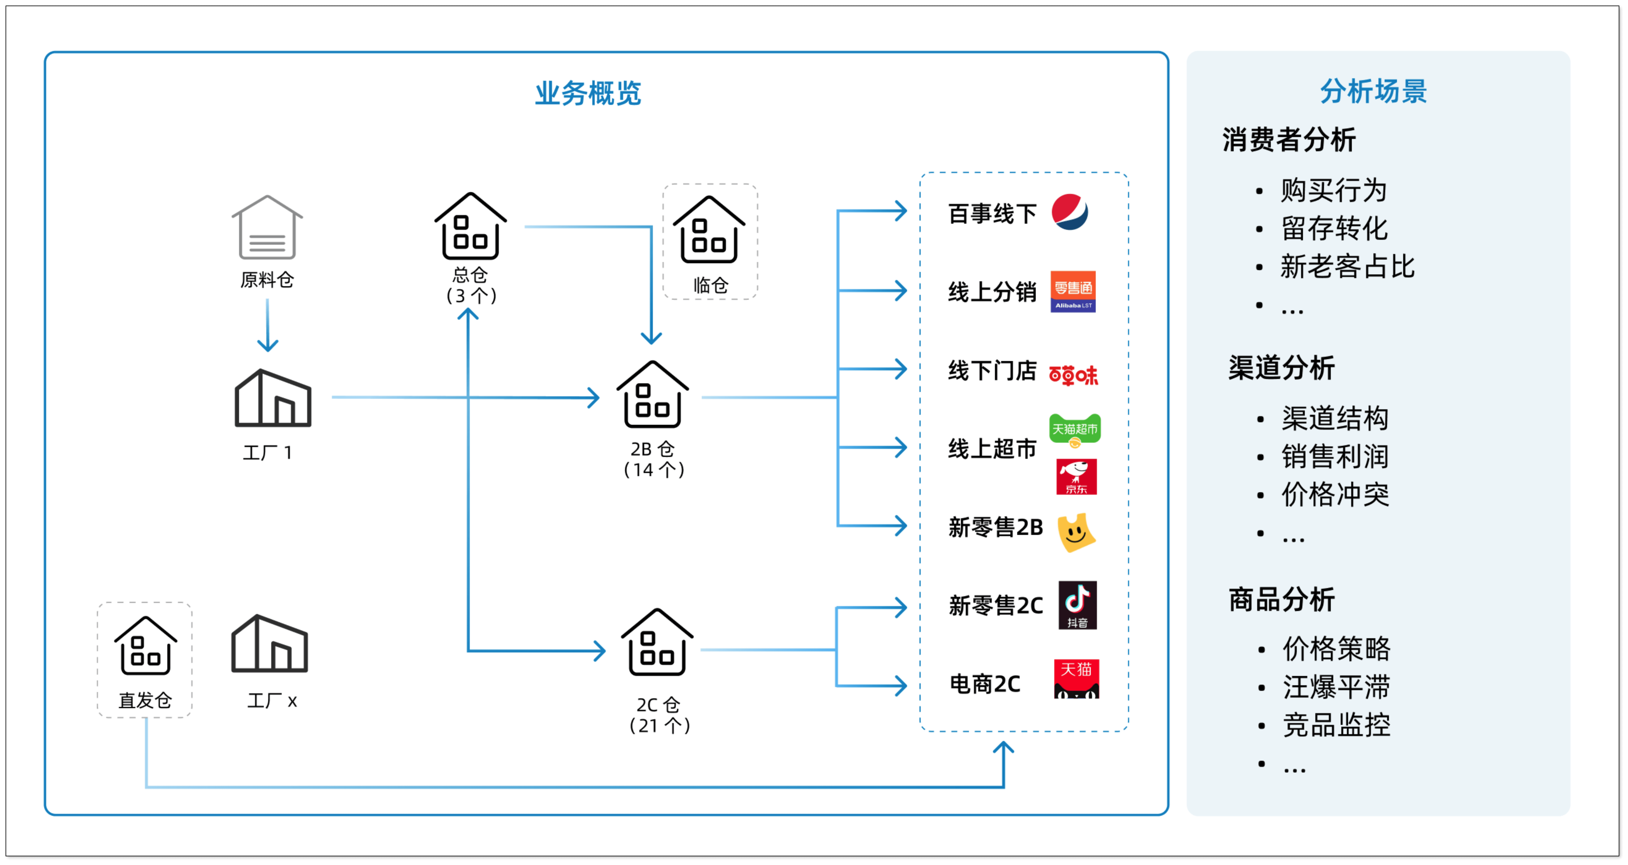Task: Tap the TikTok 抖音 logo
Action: click(1077, 605)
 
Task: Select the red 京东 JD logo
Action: click(1076, 477)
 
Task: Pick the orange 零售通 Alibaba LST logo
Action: click(1073, 291)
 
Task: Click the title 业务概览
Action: click(588, 93)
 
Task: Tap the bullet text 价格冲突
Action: click(1335, 494)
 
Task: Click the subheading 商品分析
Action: click(1281, 600)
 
